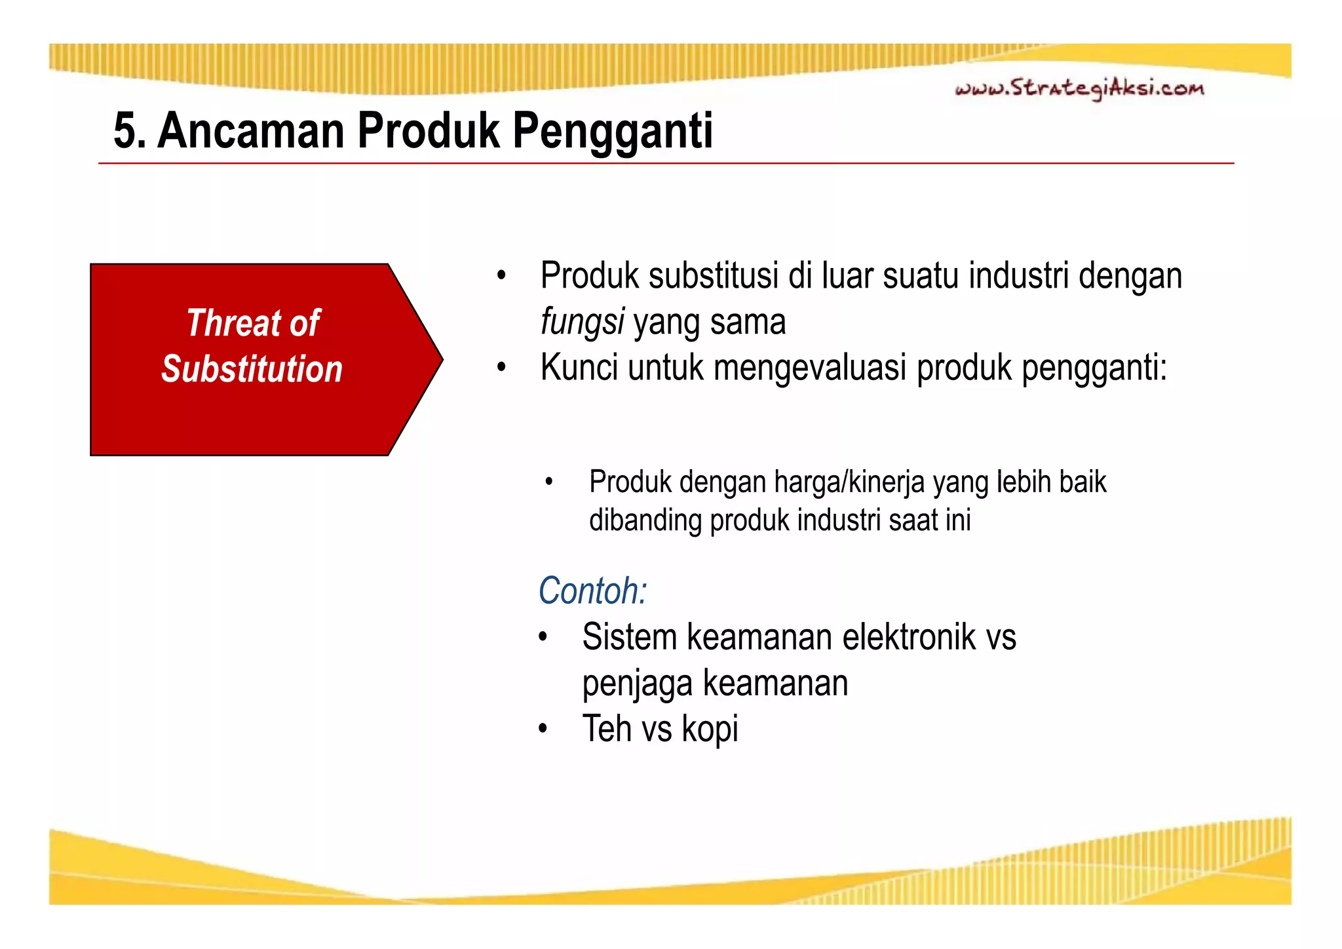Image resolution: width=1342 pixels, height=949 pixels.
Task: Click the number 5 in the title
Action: [125, 131]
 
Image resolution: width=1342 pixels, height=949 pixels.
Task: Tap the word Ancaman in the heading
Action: [250, 131]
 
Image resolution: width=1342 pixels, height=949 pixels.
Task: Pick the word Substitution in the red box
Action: [252, 369]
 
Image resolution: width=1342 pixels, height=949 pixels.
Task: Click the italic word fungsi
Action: [582, 322]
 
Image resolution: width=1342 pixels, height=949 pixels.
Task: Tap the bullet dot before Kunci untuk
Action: [501, 368]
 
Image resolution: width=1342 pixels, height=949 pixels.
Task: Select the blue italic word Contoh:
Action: [592, 591]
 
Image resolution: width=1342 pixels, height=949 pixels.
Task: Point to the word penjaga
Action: [637, 684]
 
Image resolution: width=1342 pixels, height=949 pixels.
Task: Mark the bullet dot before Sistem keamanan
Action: [543, 638]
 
